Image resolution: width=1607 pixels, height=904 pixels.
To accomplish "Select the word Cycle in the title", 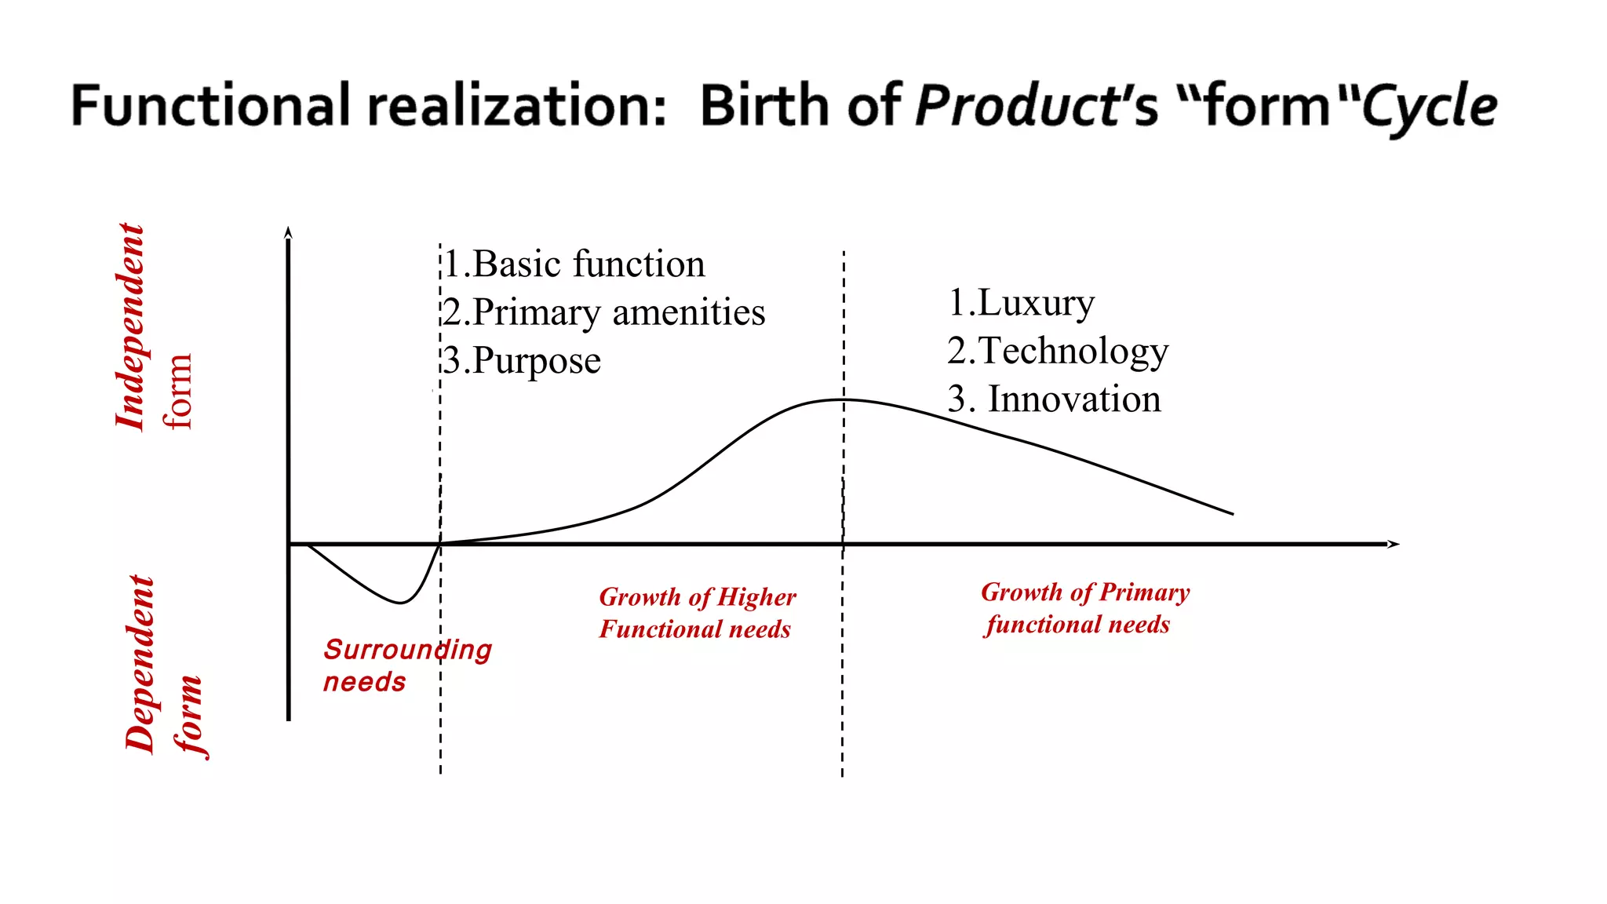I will tap(1429, 107).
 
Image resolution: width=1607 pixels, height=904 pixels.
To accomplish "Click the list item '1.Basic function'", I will tap(574, 264).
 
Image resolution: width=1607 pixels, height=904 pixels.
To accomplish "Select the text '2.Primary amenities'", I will tap(603, 312).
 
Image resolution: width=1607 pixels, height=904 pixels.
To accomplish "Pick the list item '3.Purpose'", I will tap(522, 361).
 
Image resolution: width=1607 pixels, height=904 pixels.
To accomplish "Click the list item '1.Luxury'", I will tap(1021, 303).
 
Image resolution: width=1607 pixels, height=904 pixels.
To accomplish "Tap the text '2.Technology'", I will tap(1058, 351).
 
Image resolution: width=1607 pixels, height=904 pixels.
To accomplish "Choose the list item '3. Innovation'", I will tap(1054, 399).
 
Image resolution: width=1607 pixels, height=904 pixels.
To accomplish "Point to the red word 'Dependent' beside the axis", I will tap(140, 664).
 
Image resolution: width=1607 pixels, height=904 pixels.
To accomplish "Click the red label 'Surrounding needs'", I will tap(407, 665).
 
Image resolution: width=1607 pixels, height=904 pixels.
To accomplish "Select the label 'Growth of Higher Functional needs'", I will tap(697, 613).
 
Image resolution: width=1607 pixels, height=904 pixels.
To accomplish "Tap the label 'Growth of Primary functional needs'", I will tap(1084, 608).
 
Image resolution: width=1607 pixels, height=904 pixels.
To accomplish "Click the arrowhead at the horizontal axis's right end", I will tap(1394, 544).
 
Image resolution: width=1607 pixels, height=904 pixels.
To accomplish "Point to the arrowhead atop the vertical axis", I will tap(288, 231).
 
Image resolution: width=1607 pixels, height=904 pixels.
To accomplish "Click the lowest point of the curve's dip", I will tap(400, 603).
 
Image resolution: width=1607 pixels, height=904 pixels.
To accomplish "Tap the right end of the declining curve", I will tap(1232, 514).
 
